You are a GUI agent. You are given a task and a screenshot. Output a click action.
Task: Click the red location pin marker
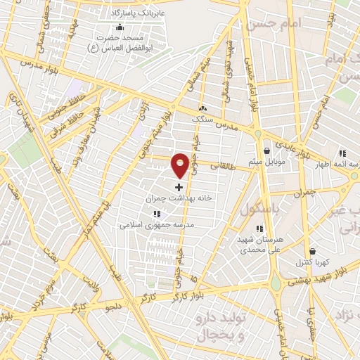[180, 165]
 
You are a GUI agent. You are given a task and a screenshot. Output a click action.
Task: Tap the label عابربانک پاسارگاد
[138, 13]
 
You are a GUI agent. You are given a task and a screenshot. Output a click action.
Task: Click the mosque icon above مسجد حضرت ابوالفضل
[120, 27]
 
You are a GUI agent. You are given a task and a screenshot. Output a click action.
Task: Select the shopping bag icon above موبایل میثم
[266, 150]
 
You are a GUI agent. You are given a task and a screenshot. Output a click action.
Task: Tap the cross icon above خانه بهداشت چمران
[179, 187]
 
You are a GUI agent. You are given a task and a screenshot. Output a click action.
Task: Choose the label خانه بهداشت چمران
[178, 199]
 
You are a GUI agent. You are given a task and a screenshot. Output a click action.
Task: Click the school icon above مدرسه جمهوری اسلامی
[157, 214]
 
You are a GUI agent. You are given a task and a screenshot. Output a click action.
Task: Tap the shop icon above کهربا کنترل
[312, 251]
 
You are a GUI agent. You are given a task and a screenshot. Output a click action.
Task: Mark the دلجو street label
[113, 307]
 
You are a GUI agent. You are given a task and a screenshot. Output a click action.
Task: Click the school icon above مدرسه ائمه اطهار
[342, 153]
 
